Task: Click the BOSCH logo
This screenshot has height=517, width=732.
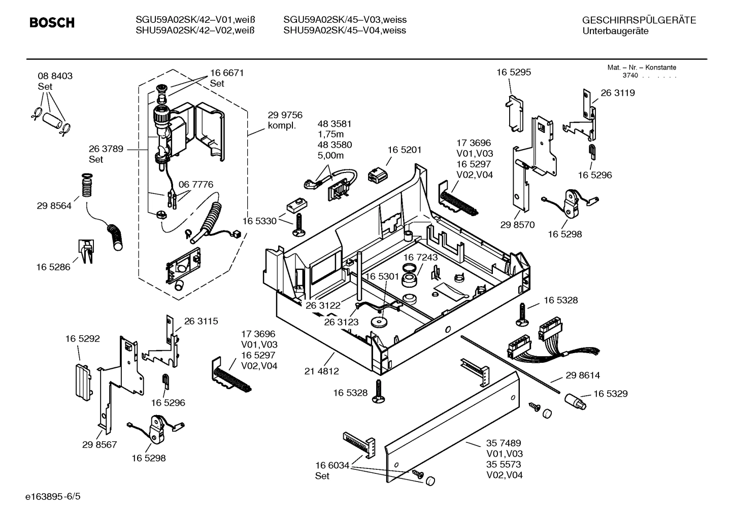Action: tap(52, 23)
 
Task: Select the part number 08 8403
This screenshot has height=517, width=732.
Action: tap(55, 76)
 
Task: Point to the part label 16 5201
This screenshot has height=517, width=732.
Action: tap(404, 150)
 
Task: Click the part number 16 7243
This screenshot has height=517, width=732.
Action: tap(420, 257)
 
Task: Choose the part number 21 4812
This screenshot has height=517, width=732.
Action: tap(321, 371)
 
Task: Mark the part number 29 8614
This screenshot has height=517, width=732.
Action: tap(583, 375)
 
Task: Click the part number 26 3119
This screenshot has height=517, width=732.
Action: tap(617, 93)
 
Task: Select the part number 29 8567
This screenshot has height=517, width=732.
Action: tap(99, 445)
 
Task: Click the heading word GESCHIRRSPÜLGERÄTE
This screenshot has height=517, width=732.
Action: tap(639, 20)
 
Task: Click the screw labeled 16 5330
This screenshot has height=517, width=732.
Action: tap(298, 223)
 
